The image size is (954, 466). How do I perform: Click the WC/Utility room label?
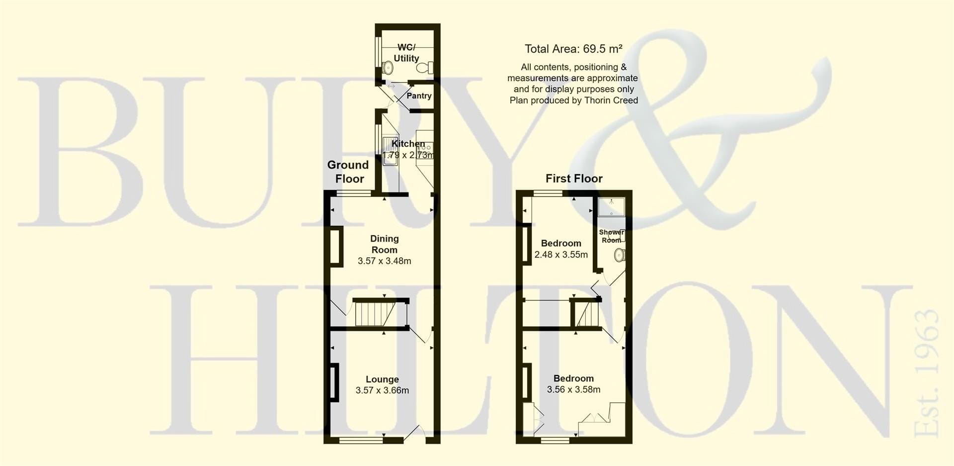point(406,53)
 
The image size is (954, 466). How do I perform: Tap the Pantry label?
point(419,95)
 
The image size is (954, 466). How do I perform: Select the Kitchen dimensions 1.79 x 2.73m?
point(408,155)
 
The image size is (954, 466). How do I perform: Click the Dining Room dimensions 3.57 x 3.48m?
point(385,261)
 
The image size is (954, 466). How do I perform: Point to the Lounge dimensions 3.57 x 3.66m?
point(382,390)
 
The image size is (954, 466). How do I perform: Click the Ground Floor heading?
point(348,172)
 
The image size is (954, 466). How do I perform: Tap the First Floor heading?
point(574,179)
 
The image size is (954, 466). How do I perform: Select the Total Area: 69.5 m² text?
point(573,49)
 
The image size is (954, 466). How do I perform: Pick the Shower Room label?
point(612,236)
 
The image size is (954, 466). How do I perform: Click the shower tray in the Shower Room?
point(611,207)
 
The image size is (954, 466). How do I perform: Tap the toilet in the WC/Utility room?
point(425,68)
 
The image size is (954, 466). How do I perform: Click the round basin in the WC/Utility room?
point(389,67)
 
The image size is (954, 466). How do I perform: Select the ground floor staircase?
point(376,314)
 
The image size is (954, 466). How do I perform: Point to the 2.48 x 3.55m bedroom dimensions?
point(561,255)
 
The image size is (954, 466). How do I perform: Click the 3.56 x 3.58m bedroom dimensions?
point(573,390)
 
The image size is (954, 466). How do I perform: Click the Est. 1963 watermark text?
point(927,373)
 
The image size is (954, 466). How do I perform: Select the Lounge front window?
point(361,440)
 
